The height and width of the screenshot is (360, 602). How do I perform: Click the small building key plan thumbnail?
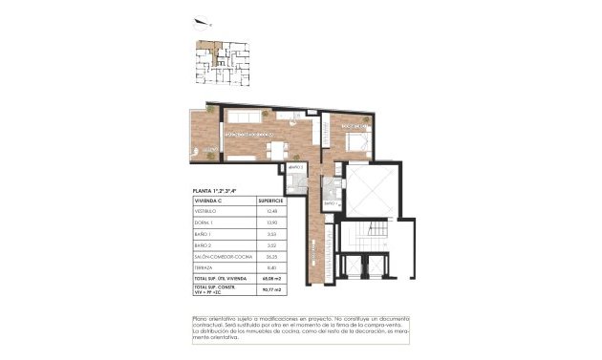[224, 66]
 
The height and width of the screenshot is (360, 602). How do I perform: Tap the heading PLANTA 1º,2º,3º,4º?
[216, 192]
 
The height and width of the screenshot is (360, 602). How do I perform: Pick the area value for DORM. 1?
[272, 222]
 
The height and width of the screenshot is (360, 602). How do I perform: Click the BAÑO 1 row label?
[207, 234]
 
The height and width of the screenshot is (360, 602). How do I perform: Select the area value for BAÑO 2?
[272, 245]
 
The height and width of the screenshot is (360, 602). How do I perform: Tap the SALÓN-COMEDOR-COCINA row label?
[222, 256]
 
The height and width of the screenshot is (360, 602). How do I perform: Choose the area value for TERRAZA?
[272, 267]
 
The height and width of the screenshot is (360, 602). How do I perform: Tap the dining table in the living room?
[277, 149]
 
